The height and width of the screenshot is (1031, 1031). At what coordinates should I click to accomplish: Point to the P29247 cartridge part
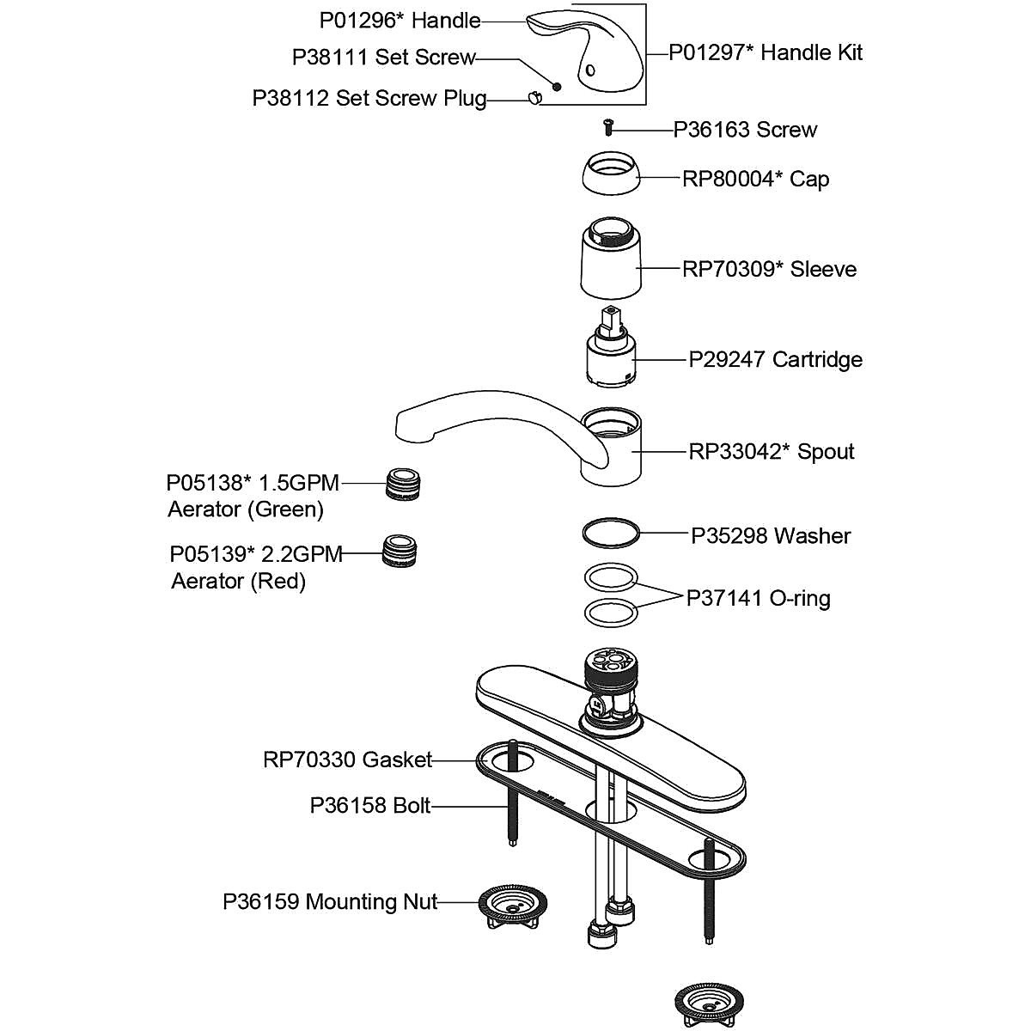click(609, 357)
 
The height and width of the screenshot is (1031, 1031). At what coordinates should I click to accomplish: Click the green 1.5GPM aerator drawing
click(403, 485)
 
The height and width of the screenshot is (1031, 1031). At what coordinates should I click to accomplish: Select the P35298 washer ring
click(610, 533)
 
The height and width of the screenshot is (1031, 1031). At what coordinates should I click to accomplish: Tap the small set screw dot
click(556, 86)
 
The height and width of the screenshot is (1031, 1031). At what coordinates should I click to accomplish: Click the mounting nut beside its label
click(512, 906)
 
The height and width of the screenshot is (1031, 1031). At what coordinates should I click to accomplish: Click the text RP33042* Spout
click(772, 452)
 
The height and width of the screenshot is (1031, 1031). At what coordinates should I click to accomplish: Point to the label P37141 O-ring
click(758, 598)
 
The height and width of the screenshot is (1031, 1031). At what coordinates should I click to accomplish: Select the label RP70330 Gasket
click(347, 760)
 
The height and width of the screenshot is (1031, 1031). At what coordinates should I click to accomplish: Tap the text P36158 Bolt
click(370, 806)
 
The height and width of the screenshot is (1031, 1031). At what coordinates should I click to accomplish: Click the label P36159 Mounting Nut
click(330, 902)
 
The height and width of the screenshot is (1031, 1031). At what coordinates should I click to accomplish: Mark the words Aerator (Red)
click(239, 582)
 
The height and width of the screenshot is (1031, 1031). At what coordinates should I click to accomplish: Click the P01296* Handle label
click(400, 20)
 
